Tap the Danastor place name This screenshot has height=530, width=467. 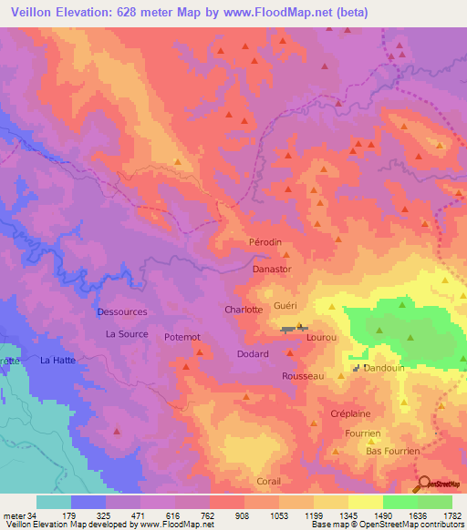tap(272, 270)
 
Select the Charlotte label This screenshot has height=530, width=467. tap(244, 310)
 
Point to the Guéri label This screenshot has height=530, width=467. tap(285, 306)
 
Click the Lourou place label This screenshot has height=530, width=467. tap(323, 337)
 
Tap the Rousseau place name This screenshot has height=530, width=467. tap(303, 375)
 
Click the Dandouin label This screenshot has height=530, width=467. tap(384, 368)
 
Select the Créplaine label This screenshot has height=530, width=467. tap(350, 413)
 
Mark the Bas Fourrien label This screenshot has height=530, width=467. tap(392, 451)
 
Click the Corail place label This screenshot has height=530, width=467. tap(268, 481)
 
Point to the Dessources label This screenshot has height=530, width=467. tap(122, 312)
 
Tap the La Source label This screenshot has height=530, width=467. tap(127, 334)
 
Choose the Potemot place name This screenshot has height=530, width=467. tap(182, 338)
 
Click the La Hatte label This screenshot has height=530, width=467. tap(58, 361)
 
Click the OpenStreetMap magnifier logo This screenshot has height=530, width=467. tap(422, 484)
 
